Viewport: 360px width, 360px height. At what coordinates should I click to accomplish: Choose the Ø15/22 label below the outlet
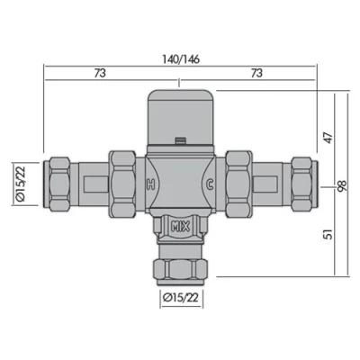(180, 296)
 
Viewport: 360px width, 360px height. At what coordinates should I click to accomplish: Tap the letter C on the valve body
(209, 184)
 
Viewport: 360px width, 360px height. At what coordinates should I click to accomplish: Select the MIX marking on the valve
(180, 226)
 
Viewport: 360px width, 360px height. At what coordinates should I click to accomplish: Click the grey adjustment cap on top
(180, 112)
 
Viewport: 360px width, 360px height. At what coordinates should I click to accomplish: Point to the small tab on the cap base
(181, 139)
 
